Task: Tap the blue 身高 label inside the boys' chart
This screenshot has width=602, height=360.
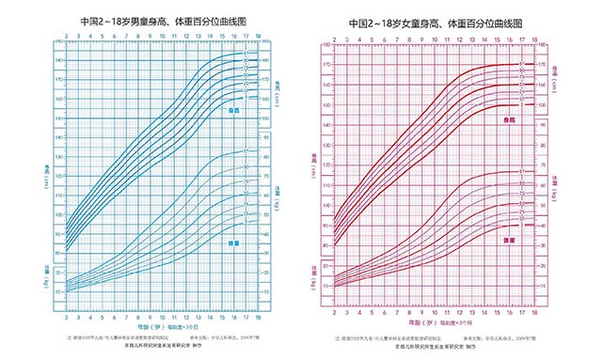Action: tap(234, 110)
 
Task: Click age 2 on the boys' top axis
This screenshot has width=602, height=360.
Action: tap(61, 37)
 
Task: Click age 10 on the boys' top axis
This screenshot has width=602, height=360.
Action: tap(162, 37)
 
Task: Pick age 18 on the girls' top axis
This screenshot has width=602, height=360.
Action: tap(535, 38)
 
